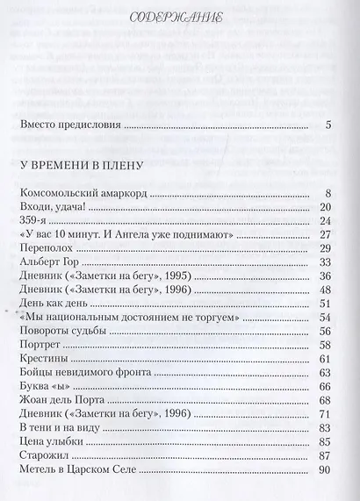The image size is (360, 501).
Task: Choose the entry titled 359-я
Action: [x=37, y=221]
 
